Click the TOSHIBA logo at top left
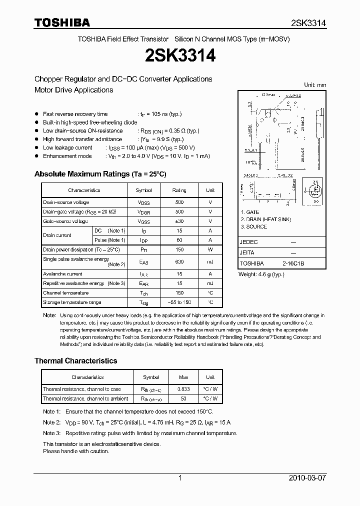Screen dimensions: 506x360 click(62, 22)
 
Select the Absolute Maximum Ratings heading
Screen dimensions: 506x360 click(100, 174)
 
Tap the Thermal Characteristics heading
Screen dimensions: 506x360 click(75, 360)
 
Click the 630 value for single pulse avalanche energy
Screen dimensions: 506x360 click(179, 261)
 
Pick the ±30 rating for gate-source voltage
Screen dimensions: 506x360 click(179, 221)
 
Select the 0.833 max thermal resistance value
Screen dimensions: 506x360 click(184, 389)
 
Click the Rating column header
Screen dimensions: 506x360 click(179, 190)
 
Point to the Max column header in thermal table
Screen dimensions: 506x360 click(184, 377)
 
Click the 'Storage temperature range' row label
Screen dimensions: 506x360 click(72, 302)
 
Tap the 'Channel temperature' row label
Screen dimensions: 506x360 click(65, 293)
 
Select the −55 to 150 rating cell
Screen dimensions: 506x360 click(179, 302)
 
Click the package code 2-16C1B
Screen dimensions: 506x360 click(293, 262)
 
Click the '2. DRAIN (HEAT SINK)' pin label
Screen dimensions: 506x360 click(265, 219)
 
